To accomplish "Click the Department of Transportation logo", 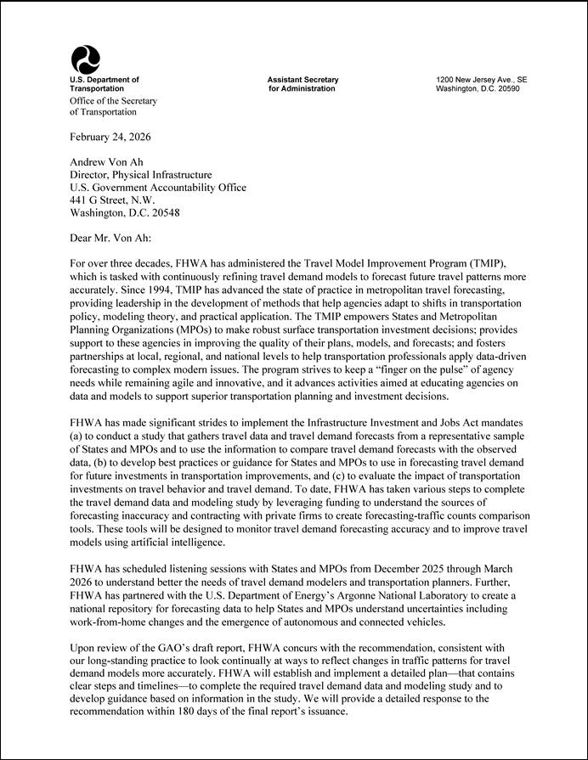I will (x=85, y=59).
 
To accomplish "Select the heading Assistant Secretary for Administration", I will (x=302, y=84).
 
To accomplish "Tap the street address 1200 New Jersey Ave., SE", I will (x=481, y=80).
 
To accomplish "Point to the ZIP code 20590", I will (x=507, y=89).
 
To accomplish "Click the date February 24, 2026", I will (x=110, y=137).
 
